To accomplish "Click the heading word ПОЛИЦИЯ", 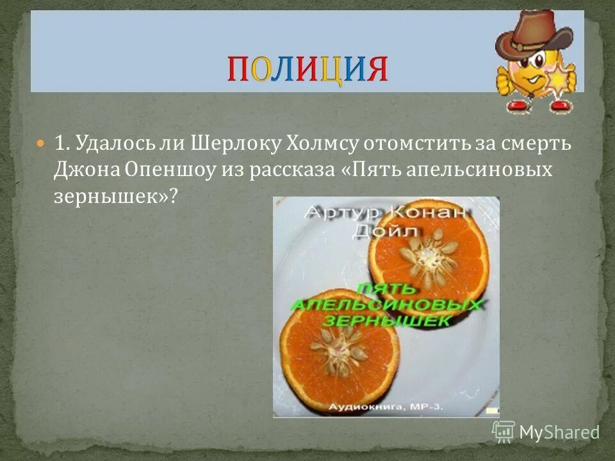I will point(307,69).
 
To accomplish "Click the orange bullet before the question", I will point(42,143).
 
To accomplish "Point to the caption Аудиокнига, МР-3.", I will point(387,407).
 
